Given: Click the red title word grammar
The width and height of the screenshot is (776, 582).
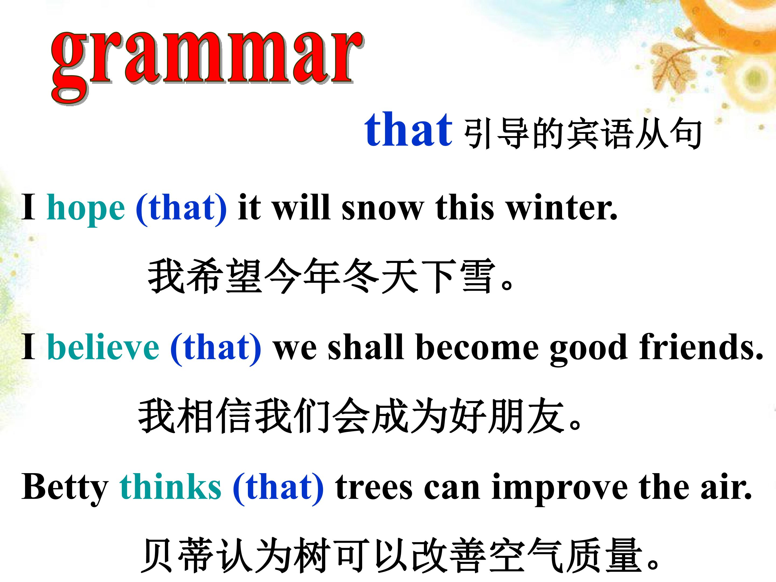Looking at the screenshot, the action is pos(207,67).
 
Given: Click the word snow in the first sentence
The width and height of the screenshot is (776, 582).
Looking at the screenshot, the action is pos(383,209).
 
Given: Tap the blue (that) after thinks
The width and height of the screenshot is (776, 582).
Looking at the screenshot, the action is pos(278,488).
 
